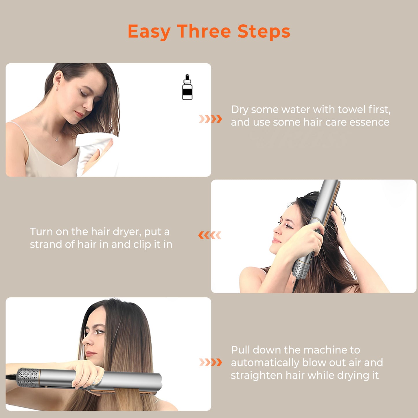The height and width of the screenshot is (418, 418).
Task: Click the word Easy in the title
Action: [x=149, y=32]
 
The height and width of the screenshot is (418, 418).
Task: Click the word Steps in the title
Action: [x=264, y=32]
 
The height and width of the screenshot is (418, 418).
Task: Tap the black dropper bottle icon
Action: [x=187, y=88]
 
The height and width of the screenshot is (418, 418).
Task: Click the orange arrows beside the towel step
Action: [x=210, y=119]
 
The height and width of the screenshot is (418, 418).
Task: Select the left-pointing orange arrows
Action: [x=210, y=235]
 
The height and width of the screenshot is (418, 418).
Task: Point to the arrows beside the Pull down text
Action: [x=210, y=362]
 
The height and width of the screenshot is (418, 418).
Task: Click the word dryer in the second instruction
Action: [x=126, y=232]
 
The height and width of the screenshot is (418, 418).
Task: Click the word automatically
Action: [x=265, y=363]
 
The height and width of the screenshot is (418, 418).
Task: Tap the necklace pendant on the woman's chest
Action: [x=57, y=140]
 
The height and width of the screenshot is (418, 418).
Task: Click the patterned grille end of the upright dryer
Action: [x=301, y=269]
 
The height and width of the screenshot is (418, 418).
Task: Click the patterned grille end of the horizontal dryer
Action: [x=28, y=378]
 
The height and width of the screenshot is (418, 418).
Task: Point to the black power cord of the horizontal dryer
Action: [x=11, y=376]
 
